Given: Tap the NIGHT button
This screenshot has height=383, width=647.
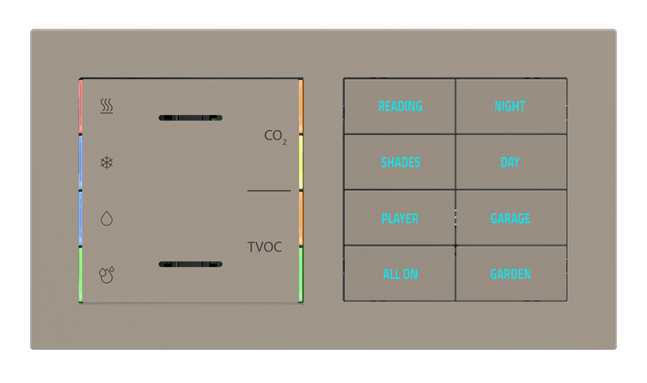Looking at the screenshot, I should coord(510,106).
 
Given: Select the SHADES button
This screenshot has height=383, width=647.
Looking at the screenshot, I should coord(400,162).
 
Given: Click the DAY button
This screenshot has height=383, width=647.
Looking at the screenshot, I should coord(510,162).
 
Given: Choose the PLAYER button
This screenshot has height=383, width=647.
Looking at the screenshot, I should coord(400,218).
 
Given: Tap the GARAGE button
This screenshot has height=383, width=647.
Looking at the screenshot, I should coord(510,218).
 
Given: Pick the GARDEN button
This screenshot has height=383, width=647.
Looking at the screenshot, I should coord(510,274).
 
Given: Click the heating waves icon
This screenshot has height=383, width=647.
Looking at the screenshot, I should coord(107,106).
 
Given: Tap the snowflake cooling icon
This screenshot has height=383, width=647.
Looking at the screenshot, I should coord(107,163).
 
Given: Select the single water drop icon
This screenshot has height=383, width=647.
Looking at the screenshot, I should coord(107,219).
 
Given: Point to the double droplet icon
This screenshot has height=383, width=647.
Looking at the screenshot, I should coord(107,274).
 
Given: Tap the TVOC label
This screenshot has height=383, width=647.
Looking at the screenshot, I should coord(265,247).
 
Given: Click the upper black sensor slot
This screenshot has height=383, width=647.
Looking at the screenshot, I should coord(191,118).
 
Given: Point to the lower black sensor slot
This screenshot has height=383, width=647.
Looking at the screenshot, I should coord(191,264).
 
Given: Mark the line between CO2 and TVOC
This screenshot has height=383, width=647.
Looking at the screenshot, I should coord(269,191).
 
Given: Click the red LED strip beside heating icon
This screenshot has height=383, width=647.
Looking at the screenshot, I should coord(81,107).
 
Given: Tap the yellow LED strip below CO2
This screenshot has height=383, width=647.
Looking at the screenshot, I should coord(300,163).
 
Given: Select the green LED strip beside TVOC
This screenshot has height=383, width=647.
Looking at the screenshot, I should coord(300,274).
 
